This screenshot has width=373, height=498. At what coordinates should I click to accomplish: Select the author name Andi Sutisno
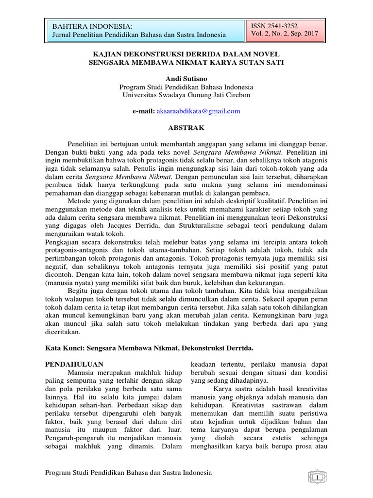[x=186, y=78]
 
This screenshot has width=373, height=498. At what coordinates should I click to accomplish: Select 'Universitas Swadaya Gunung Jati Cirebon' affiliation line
[x=186, y=95]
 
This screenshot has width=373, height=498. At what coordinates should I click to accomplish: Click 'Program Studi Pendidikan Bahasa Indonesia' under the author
[x=186, y=87]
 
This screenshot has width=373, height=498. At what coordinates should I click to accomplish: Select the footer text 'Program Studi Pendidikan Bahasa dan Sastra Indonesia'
[x=128, y=473]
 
